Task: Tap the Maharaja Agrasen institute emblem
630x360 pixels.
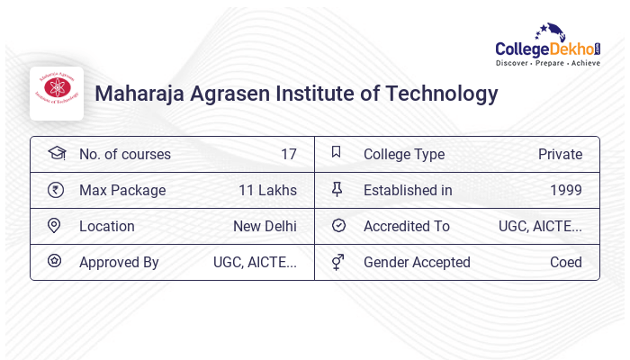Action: click(x=57, y=93)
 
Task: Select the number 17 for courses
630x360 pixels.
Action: click(x=288, y=154)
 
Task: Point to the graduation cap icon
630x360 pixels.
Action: click(x=56, y=153)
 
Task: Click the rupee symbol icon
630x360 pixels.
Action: click(x=56, y=190)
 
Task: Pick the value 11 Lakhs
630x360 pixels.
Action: click(x=267, y=190)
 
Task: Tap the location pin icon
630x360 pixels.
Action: click(x=55, y=226)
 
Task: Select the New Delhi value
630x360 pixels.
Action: click(x=265, y=226)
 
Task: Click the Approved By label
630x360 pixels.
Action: click(x=119, y=262)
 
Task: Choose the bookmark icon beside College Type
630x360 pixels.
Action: click(x=337, y=153)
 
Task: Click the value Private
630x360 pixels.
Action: click(x=560, y=154)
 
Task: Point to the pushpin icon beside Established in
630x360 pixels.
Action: click(x=337, y=189)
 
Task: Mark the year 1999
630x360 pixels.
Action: click(x=565, y=190)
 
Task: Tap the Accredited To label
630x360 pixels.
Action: click(x=406, y=226)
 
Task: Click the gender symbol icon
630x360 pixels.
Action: click(x=337, y=262)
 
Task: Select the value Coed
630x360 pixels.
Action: click(x=565, y=262)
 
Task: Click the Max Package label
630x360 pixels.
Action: click(x=122, y=190)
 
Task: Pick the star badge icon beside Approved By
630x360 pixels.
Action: click(x=55, y=261)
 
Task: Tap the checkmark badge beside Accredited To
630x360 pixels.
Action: click(x=337, y=225)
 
